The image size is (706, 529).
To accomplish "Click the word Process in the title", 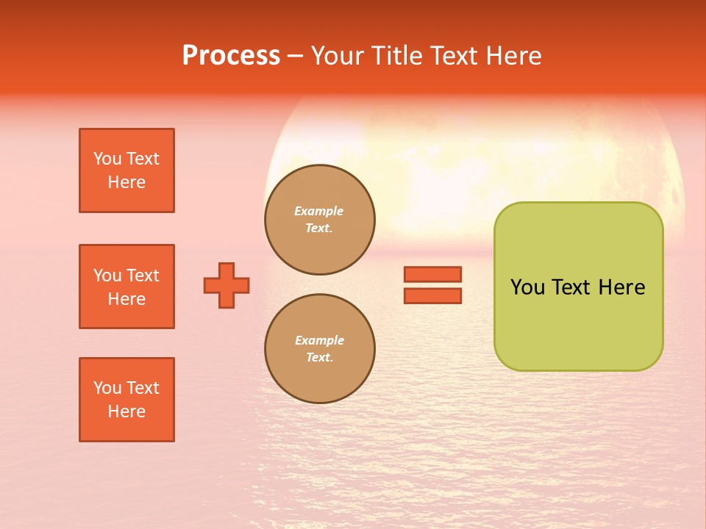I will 231,56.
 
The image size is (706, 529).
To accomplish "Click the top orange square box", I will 126,170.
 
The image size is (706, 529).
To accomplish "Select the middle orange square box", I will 126,287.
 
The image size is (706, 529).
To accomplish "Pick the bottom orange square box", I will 126,400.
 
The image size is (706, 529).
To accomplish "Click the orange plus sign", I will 227,285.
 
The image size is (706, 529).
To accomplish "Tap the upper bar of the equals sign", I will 432,274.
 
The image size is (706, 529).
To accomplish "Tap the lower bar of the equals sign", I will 432,296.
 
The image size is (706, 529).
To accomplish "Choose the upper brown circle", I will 320,219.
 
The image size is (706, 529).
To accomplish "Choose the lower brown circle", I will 320,348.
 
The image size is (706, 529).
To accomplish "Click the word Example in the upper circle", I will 319,211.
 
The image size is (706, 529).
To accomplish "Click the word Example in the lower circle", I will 319,340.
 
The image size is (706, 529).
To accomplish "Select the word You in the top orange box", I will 107,159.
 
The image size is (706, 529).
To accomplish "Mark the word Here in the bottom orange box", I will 126,411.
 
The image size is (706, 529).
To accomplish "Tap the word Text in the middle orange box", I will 143,276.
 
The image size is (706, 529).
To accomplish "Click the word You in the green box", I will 527,287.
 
